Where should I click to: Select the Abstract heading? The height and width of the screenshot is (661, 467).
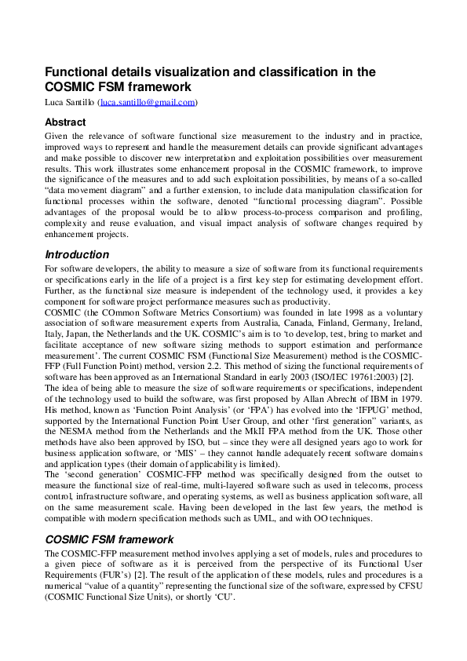tap(65, 122)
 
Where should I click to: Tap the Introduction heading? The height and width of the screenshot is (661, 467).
tap(77, 254)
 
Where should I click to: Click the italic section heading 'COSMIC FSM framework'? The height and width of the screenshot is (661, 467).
tap(109, 539)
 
